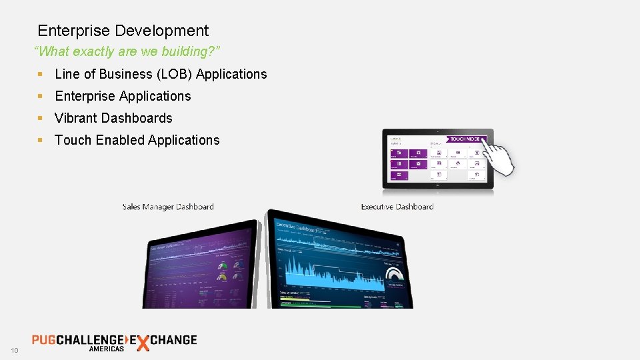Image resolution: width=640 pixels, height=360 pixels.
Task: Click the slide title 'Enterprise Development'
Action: click(123, 31)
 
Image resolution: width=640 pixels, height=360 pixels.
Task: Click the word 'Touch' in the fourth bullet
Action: click(73, 140)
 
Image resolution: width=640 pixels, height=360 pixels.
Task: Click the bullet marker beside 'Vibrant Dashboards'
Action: click(41, 118)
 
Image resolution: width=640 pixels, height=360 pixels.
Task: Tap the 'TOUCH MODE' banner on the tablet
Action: click(465, 139)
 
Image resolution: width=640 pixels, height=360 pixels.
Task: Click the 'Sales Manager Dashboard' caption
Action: click(168, 207)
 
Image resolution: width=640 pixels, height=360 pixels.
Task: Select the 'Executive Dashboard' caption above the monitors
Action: click(397, 207)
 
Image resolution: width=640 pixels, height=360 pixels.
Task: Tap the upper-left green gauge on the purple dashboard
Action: click(223, 265)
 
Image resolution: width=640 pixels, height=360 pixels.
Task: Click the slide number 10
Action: click(14, 351)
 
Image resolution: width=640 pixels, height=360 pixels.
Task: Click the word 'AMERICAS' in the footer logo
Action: click(107, 349)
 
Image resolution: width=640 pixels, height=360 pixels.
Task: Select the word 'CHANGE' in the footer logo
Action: click(174, 339)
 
